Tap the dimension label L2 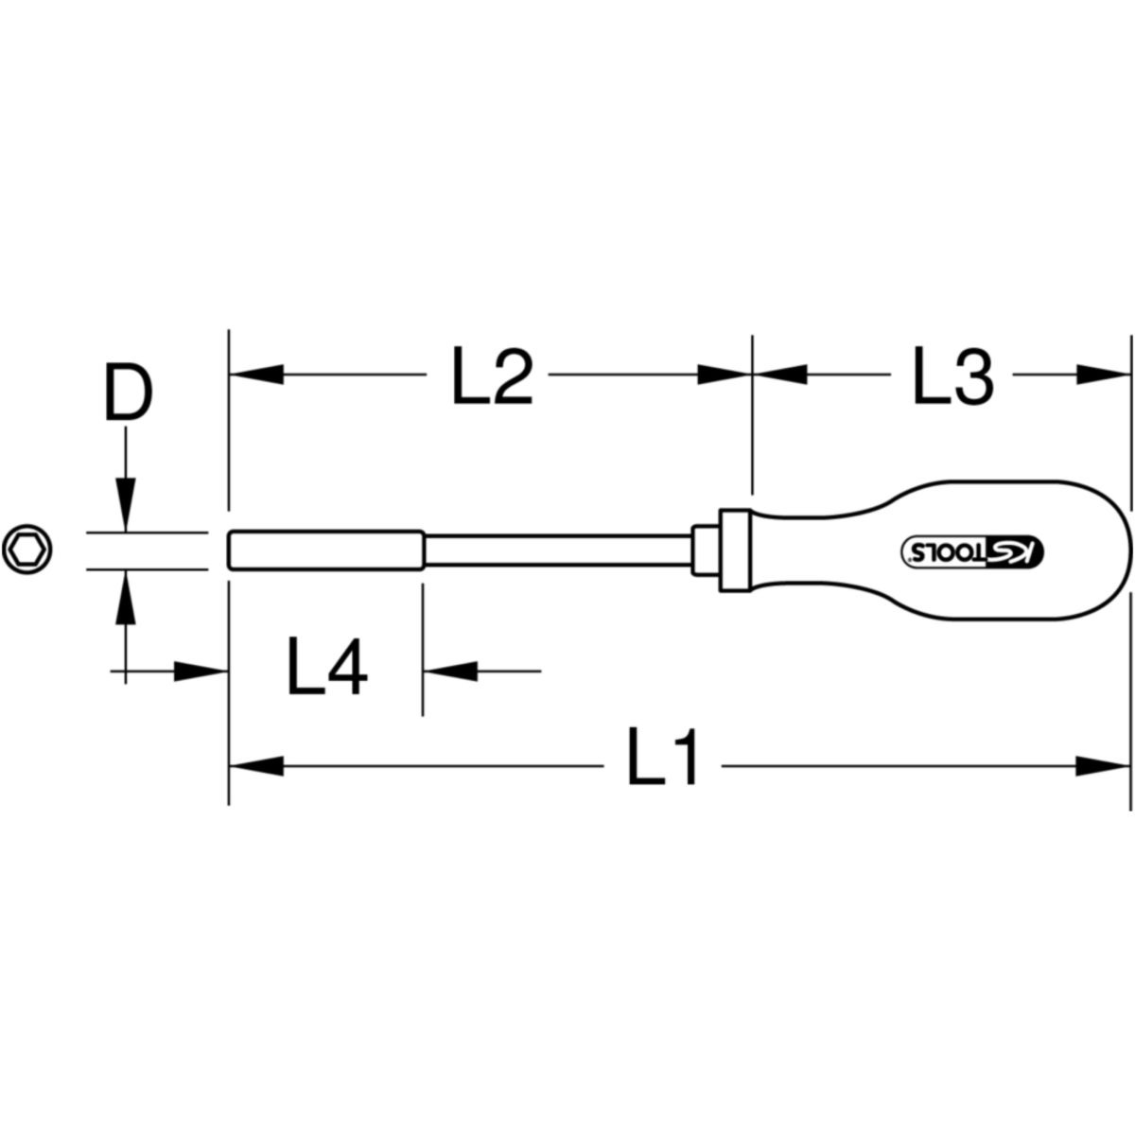pyautogui.click(x=493, y=375)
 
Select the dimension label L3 pyautogui.click(x=953, y=375)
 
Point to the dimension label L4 pyautogui.click(x=327, y=666)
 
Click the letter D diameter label pyautogui.click(x=129, y=393)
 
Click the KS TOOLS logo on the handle pyautogui.click(x=973, y=550)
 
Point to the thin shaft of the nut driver pyautogui.click(x=558, y=550)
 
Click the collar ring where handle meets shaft pyautogui.click(x=735, y=550)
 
